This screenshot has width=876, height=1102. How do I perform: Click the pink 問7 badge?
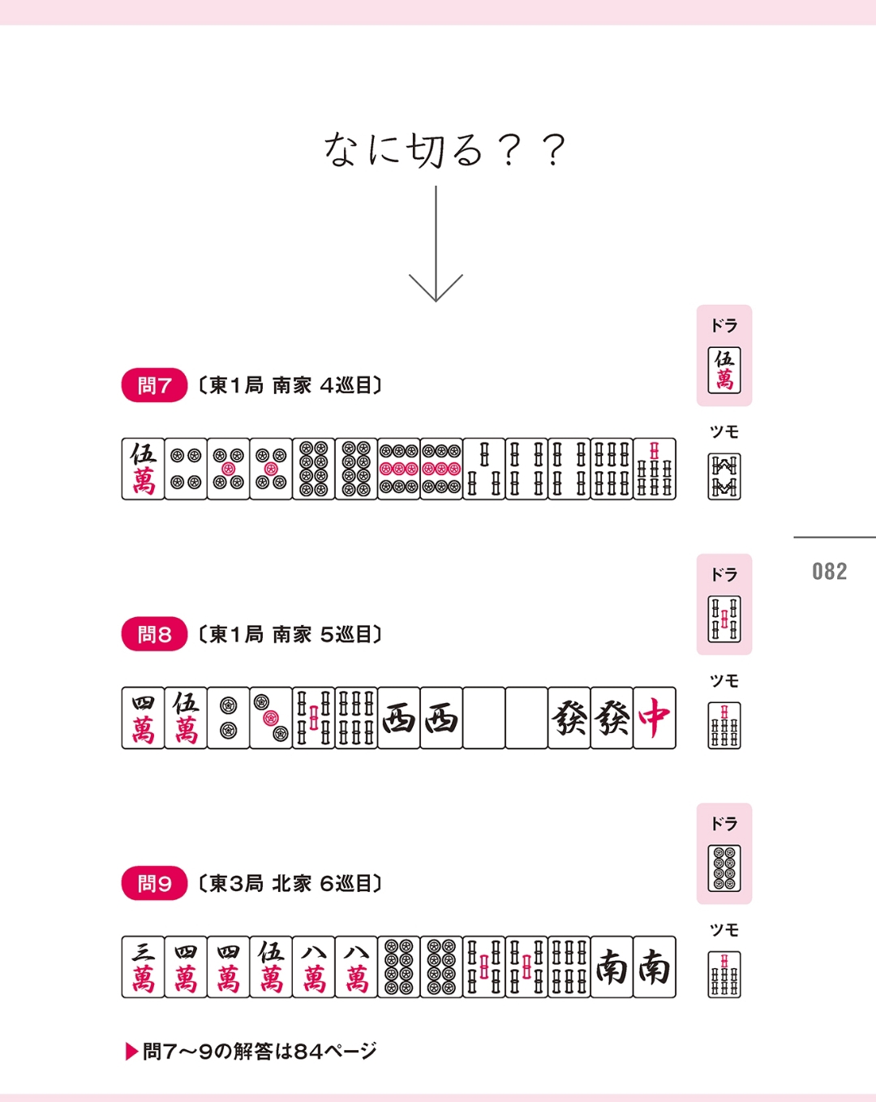pos(154,384)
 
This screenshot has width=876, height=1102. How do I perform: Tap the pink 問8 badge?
pos(154,634)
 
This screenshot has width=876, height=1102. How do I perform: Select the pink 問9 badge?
pos(154,883)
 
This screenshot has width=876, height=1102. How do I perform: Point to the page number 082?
pos(830,572)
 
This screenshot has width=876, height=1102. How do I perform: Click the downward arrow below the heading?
pos(436,244)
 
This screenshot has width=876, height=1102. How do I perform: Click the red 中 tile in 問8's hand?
pos(655,718)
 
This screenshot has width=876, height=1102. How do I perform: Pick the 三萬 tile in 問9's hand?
pos(143,967)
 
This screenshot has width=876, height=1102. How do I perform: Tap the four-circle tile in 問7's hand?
pos(186,469)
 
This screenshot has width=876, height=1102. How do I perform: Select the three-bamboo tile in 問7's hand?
pos(483,469)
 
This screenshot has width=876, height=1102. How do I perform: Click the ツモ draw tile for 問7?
pos(724,476)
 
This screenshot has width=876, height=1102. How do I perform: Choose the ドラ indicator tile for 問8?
pos(724,619)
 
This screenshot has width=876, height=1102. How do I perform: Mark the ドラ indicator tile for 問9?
pos(724,868)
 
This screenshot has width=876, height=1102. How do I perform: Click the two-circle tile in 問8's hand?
pos(228,718)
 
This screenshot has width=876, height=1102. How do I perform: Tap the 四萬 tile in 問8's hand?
pos(143,718)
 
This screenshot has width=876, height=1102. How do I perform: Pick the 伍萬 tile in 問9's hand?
pos(270,967)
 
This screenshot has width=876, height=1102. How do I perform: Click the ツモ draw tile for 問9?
pos(724,975)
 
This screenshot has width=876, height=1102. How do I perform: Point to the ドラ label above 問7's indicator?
pos(724,325)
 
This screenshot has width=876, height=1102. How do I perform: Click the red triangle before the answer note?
pos(131,1052)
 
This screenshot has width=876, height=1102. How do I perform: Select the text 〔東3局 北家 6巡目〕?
pos(290,883)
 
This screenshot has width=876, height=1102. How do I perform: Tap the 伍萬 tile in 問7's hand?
pos(143,469)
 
